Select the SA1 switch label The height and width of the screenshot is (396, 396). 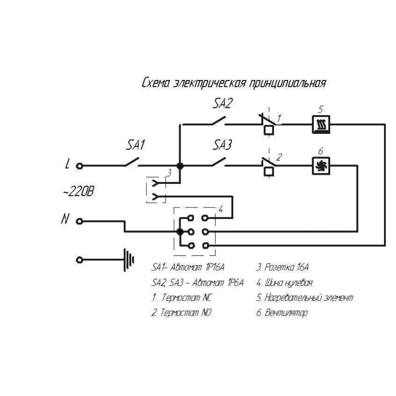136,145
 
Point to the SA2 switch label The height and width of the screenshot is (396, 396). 223,103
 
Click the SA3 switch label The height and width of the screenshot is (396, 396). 222,145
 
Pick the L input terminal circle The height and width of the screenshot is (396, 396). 80,166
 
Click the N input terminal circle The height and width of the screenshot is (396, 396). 80,221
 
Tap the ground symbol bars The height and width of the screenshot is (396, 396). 130,260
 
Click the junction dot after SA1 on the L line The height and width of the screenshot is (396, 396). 179,166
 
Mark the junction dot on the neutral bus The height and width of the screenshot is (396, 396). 180,231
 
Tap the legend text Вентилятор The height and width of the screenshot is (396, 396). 286,313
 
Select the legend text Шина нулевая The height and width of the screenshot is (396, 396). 289,282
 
